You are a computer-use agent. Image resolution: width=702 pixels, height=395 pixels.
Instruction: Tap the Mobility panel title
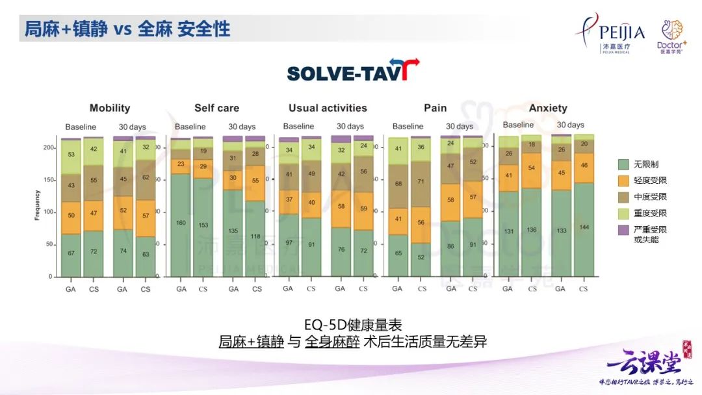[110, 108]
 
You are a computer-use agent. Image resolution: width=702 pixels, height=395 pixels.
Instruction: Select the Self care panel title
[216, 108]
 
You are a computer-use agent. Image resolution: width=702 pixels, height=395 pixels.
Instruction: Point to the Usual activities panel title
[328, 108]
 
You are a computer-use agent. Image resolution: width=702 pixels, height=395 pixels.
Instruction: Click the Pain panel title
[435, 108]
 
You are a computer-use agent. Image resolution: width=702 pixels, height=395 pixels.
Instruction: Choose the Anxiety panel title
[547, 108]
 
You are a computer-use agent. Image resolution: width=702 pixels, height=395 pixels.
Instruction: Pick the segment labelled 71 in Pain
[422, 183]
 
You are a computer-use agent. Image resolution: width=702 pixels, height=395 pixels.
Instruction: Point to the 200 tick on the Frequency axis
[48, 148]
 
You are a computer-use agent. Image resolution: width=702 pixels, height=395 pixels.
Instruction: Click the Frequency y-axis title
[37, 205]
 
